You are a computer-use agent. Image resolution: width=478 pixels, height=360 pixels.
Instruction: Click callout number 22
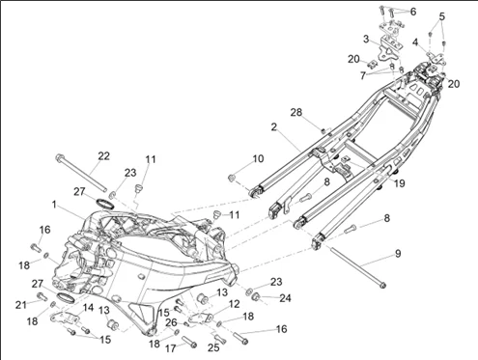(103, 156)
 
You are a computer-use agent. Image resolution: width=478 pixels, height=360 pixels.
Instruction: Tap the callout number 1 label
(54, 205)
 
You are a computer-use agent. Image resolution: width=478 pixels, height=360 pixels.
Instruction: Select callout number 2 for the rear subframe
(273, 127)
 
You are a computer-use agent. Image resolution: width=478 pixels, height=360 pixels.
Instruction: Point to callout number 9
(398, 254)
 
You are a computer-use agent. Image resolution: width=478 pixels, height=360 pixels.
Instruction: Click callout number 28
(296, 112)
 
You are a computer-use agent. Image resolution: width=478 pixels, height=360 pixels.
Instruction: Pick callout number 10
(258, 158)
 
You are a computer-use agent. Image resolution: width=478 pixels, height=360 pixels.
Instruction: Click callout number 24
(285, 298)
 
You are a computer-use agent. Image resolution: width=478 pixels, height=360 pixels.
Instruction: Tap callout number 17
(171, 348)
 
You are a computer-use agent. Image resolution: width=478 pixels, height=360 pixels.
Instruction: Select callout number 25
(213, 347)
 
